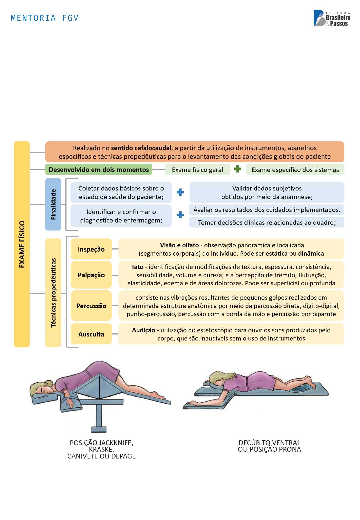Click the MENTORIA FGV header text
44,18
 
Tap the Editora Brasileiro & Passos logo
332,18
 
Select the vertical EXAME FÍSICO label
22,244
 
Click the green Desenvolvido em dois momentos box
99,170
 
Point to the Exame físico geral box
197,170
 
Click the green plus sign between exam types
238,169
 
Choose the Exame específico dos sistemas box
295,170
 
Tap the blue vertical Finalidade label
53,204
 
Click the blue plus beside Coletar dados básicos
180,192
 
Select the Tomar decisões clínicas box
267,222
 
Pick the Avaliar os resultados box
267,210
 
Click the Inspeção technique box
91,249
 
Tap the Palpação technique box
91,275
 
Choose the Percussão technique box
91,306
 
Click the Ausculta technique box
91,334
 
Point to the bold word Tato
137,267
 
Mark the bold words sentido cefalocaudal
141,148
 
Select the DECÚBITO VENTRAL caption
269,443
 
